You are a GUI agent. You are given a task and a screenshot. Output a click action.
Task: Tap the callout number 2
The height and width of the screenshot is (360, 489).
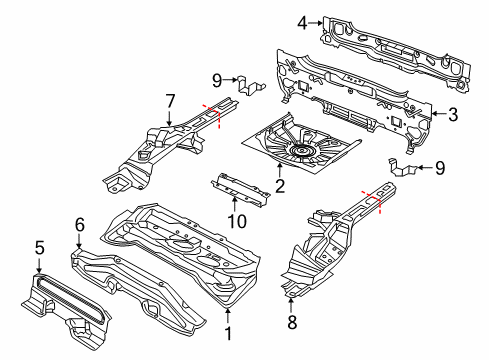[281, 185]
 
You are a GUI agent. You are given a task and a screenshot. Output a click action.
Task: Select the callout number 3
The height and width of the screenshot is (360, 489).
[452, 115]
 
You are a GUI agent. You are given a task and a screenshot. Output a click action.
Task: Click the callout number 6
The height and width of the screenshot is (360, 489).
[77, 226]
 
